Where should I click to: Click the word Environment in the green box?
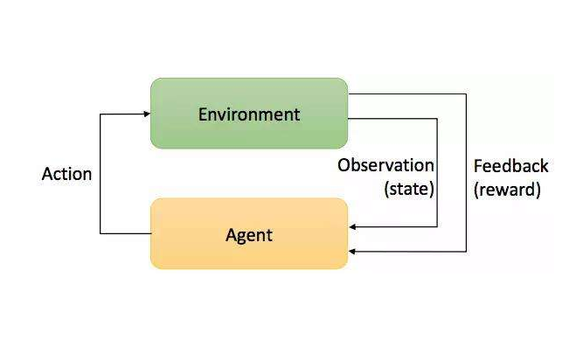(249, 114)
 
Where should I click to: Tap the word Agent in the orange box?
(249, 235)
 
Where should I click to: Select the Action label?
(66, 174)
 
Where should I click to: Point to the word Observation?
(385, 165)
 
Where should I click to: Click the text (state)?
(408, 189)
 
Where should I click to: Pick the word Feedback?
(510, 165)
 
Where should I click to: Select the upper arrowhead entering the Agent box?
(353, 227)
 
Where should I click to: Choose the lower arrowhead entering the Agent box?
(353, 252)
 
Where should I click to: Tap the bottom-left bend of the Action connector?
(101, 233)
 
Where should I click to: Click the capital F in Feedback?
(478, 165)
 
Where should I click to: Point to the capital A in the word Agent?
(232, 235)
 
